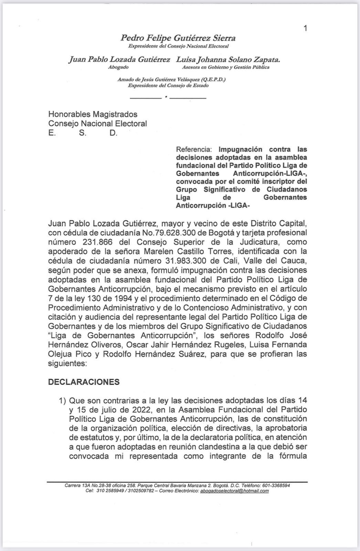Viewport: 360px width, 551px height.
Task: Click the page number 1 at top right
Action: tap(305, 28)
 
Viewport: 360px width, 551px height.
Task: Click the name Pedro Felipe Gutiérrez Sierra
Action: tap(178, 38)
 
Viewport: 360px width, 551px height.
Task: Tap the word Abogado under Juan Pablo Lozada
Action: tap(118, 67)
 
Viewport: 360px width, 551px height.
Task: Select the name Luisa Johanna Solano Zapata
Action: tap(228, 60)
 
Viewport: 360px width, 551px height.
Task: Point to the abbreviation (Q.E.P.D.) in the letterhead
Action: tap(213, 80)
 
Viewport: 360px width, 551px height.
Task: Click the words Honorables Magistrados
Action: tap(93, 114)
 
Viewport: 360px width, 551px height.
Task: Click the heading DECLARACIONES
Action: tap(84, 382)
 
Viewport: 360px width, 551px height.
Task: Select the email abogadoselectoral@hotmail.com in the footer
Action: tap(234, 491)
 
